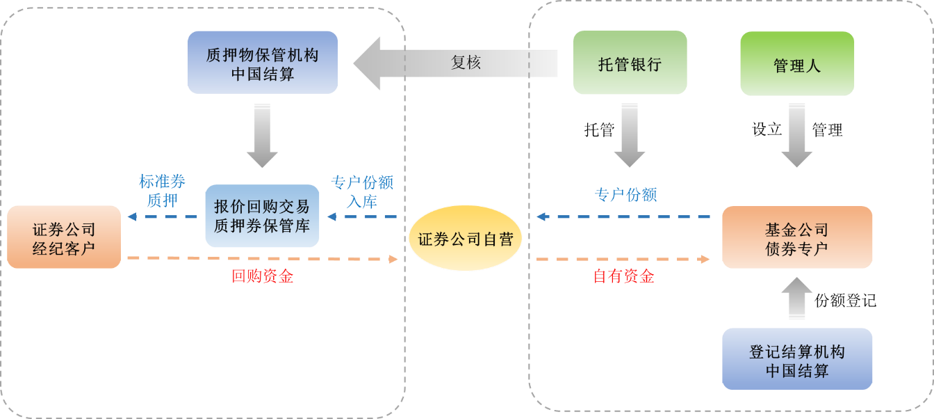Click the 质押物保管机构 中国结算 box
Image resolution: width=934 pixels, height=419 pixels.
point(263,63)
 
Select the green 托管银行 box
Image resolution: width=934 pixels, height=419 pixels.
point(630,63)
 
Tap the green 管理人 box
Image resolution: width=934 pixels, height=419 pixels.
point(797,64)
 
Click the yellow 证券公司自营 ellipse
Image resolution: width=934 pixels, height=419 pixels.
point(465,239)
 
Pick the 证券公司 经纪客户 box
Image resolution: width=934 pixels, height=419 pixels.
point(64,237)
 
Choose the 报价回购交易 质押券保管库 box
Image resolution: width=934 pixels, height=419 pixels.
point(262,216)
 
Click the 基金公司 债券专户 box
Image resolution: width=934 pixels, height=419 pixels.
point(797,237)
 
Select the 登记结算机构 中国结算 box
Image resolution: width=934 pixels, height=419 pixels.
point(797,359)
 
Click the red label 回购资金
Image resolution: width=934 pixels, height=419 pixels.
point(262,276)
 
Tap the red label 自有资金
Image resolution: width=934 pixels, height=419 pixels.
point(623,276)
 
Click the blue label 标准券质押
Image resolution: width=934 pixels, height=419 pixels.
point(162,191)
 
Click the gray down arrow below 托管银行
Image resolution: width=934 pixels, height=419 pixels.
point(630,134)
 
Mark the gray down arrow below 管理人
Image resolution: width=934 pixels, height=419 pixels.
point(797,134)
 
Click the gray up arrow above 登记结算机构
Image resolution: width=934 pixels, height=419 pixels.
point(797,298)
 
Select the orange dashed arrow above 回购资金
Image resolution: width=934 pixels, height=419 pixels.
point(262,259)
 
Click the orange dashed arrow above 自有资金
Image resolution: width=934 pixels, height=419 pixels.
point(623,259)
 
